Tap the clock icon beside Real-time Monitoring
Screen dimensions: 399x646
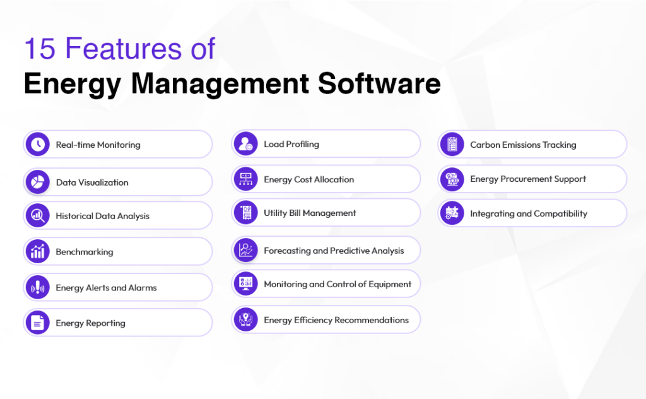[38, 145]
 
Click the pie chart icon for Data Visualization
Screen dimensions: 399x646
[38, 182]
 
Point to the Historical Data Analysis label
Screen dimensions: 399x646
[102, 216]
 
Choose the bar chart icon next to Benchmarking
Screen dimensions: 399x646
[38, 251]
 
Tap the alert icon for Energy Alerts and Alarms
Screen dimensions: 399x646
[38, 287]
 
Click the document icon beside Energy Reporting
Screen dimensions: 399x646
[38, 323]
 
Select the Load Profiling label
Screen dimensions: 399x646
[291, 144]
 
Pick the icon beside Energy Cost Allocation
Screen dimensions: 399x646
[245, 179]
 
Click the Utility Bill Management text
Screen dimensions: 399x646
[310, 213]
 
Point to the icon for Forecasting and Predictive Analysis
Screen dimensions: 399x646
[245, 251]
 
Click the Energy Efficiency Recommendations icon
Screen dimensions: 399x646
[245, 320]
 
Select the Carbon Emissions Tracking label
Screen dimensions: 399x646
[523, 145]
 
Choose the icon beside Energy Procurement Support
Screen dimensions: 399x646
[452, 179]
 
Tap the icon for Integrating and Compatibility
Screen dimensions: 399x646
[452, 213]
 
